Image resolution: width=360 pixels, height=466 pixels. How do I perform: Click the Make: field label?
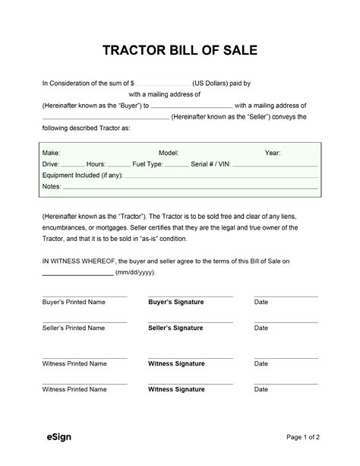[x=52, y=153]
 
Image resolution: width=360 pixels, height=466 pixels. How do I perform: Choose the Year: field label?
[x=273, y=153]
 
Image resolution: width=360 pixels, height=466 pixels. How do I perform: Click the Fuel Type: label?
[x=147, y=163]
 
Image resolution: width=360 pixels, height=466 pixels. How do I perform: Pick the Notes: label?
[x=51, y=185]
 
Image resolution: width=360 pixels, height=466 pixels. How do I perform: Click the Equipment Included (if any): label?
[x=82, y=175]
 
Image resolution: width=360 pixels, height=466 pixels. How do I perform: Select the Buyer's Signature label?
[x=175, y=302]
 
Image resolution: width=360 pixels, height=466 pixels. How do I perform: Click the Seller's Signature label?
[x=175, y=328]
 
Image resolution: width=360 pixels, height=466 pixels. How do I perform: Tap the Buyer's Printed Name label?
[x=73, y=302]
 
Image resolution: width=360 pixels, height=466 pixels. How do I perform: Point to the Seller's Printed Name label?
[x=73, y=328]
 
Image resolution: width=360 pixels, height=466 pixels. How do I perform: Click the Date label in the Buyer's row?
[x=261, y=302]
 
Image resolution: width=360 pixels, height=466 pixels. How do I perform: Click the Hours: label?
[x=96, y=163]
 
